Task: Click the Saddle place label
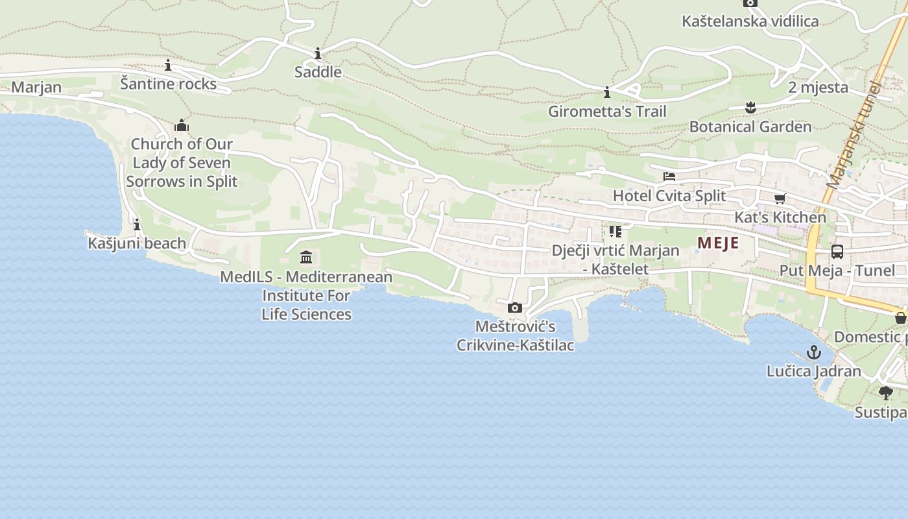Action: (x=318, y=72)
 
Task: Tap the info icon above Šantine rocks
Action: (x=168, y=65)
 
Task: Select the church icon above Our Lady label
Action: (x=182, y=125)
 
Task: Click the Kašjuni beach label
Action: (x=137, y=243)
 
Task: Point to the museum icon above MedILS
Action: (x=306, y=257)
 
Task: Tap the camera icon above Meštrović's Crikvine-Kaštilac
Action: (x=515, y=308)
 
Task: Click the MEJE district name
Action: (x=718, y=243)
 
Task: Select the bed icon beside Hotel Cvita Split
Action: (x=669, y=176)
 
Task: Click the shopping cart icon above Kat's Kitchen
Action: (x=780, y=199)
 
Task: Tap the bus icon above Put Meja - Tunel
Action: (x=837, y=252)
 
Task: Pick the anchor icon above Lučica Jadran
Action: (x=814, y=352)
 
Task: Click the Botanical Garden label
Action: (x=750, y=127)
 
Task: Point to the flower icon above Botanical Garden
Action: (x=750, y=107)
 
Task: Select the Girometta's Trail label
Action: (x=607, y=112)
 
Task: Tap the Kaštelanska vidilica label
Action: (x=750, y=21)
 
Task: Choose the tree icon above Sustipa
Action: (x=885, y=392)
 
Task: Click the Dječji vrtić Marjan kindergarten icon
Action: (x=615, y=231)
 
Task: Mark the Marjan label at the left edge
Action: (x=36, y=87)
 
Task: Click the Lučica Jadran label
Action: (x=814, y=372)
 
